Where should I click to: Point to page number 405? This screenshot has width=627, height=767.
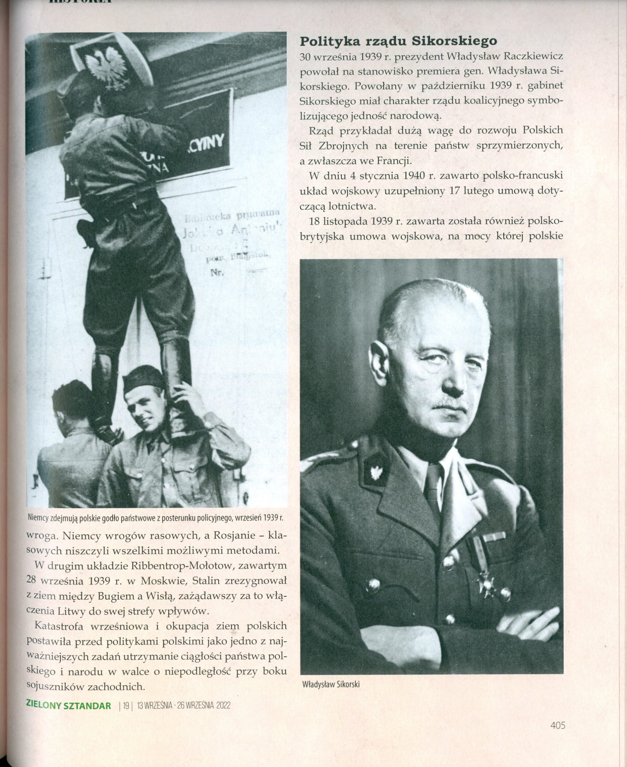[558, 725]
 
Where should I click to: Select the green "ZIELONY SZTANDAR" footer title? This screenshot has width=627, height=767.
[69, 706]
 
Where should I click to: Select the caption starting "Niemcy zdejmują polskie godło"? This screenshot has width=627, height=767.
[155, 517]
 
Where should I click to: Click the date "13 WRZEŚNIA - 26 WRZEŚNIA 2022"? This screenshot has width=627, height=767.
[183, 706]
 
